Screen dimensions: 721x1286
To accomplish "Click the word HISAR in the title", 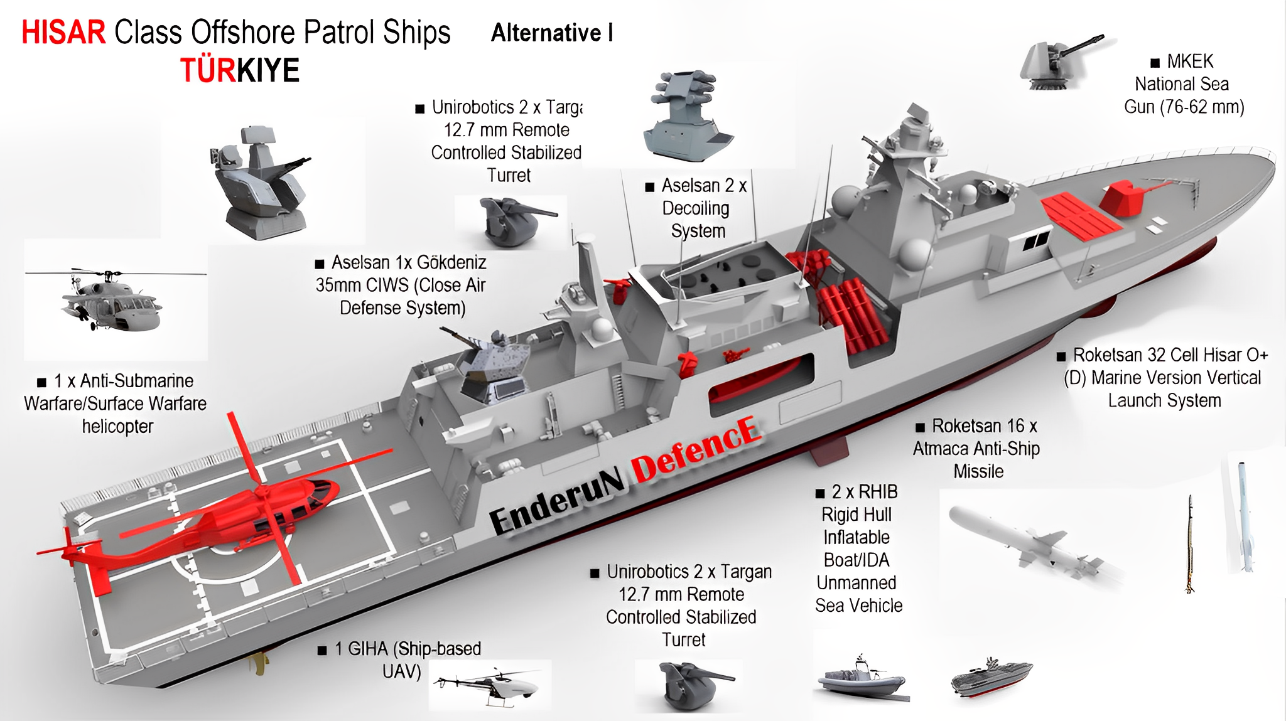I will pyautogui.click(x=63, y=33).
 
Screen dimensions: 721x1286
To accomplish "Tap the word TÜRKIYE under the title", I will pyautogui.click(x=240, y=70).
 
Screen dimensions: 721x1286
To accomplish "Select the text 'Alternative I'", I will pyautogui.click(x=552, y=33).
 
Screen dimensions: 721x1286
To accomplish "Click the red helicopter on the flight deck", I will pyautogui.click(x=251, y=515).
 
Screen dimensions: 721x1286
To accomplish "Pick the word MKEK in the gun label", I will pyautogui.click(x=1190, y=61).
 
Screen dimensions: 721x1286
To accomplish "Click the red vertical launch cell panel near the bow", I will pyautogui.click(x=1080, y=216).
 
